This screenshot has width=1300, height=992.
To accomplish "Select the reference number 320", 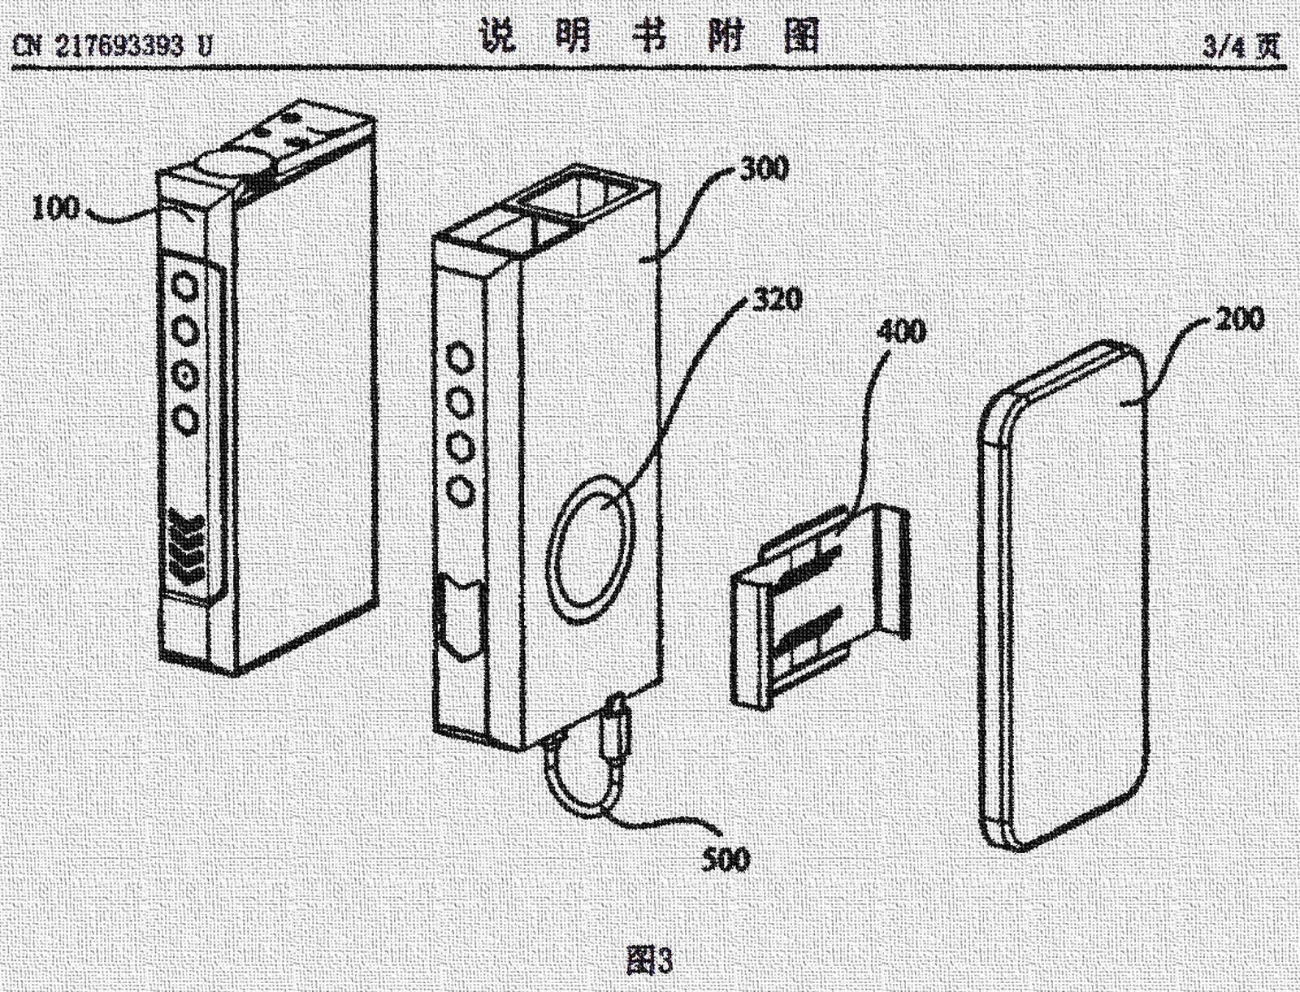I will (777, 301).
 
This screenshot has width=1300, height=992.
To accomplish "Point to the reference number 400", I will (900, 331).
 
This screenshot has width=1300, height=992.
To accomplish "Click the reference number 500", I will (726, 859).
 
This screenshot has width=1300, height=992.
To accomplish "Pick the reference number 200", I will (1240, 318).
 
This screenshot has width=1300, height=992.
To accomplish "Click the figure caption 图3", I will (650, 961).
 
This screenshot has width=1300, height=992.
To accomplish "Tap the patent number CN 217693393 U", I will (112, 45).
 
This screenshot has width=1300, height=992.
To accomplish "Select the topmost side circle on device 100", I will (186, 288).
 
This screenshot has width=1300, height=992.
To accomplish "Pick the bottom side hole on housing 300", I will (461, 490).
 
